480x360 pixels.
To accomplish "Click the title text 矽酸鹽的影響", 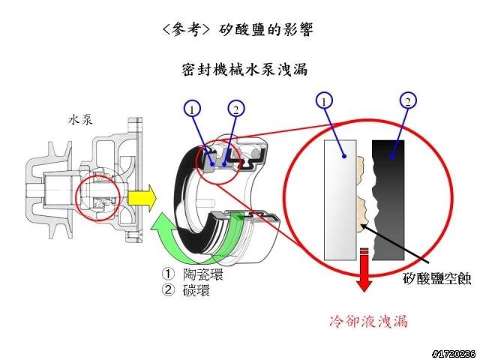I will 266,30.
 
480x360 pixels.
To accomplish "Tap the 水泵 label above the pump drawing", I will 81,118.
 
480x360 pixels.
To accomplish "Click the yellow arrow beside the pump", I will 142,198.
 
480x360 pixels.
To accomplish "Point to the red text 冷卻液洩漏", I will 369,321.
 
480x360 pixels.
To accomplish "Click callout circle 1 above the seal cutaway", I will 193,109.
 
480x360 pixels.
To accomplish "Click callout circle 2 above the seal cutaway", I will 235,109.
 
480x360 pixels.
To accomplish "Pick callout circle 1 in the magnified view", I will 323,101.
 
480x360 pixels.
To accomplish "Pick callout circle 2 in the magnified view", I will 407,101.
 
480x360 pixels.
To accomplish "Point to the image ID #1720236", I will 453,352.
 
